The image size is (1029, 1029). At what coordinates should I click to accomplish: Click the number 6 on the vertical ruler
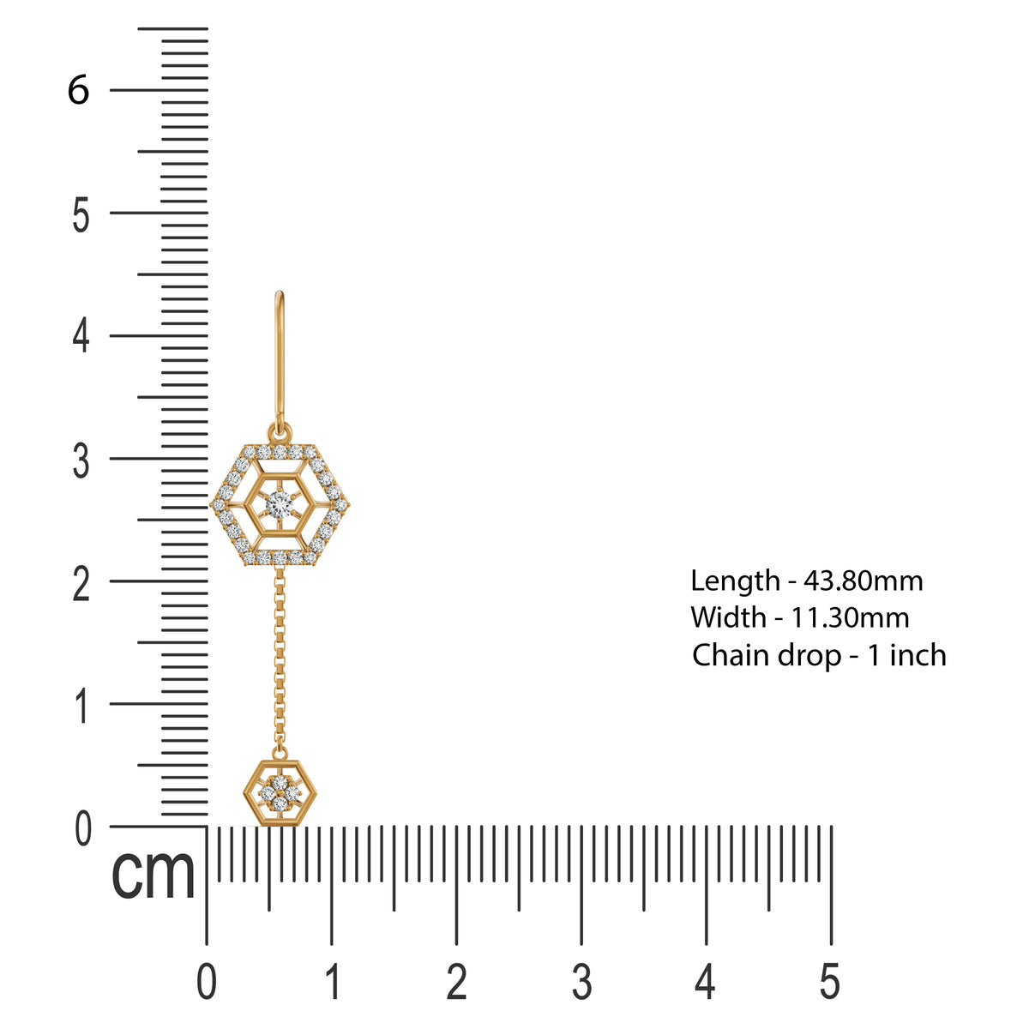point(78,90)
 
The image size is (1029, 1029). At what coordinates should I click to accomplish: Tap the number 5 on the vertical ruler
point(81,214)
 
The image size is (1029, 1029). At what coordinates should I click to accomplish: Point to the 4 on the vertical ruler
point(81,336)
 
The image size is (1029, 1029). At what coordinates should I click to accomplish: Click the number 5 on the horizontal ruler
point(829,981)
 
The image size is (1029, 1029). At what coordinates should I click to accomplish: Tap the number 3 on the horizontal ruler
point(581,981)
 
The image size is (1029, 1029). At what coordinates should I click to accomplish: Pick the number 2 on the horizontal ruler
point(457,981)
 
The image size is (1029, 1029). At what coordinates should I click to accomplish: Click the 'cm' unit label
point(153,874)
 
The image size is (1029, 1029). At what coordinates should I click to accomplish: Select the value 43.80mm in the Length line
point(864,581)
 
